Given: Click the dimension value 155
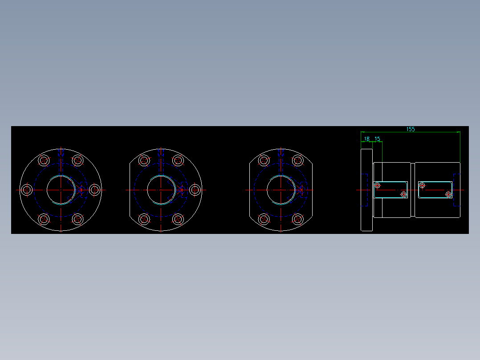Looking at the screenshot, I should (x=410, y=129).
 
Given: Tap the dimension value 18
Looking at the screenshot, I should (x=367, y=139).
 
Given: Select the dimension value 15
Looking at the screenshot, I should (x=377, y=139).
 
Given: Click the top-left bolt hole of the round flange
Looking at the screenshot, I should (x=44, y=160).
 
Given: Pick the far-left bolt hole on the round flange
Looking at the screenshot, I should (x=27, y=190).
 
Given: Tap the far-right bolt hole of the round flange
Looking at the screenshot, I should (x=94, y=190).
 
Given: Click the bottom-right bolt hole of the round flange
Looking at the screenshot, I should (x=77, y=219).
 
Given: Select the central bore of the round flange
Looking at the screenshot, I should (x=61, y=190).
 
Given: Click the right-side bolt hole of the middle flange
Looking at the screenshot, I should (x=195, y=190).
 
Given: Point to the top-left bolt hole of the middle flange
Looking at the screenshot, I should (x=144, y=160).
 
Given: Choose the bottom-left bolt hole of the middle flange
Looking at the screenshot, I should (x=144, y=219).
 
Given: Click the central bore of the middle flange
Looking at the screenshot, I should (x=161, y=190).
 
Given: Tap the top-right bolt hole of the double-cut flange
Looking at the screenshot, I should (x=297, y=160).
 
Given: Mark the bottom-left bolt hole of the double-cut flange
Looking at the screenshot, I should (x=264, y=219).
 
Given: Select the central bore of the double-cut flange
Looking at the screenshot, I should (x=281, y=190).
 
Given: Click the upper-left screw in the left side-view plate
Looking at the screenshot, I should (x=378, y=185).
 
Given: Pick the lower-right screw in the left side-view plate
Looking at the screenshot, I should (x=403, y=194).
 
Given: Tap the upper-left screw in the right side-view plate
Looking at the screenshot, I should (x=422, y=185).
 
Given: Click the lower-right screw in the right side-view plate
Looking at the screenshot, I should (x=448, y=194).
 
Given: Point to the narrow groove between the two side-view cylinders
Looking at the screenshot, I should (x=413, y=190).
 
